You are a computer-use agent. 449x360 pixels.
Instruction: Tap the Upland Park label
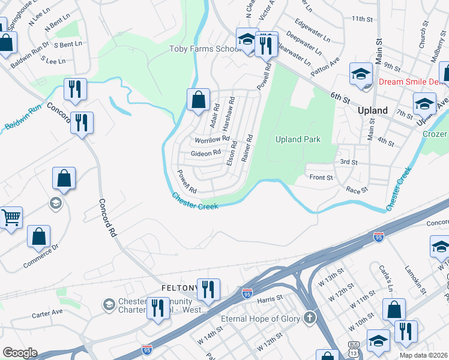pyautogui.click(x=298, y=139)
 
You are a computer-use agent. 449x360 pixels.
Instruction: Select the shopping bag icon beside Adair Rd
pyautogui.click(x=198, y=100)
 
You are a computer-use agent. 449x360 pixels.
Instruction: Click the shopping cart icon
pyautogui.click(x=10, y=217)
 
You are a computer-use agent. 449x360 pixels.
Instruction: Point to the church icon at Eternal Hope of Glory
pyautogui.click(x=309, y=318)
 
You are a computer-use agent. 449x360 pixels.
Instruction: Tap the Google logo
pyautogui.click(x=20, y=353)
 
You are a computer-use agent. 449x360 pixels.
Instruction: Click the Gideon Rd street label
pyautogui.click(x=206, y=154)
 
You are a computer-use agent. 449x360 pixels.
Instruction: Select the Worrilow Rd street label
pyautogui.click(x=212, y=140)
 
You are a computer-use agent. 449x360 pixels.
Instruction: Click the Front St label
pyautogui.click(x=321, y=178)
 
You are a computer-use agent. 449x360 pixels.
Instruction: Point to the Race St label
pyautogui.click(x=356, y=189)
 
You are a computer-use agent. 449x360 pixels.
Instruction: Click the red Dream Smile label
pyautogui.click(x=411, y=82)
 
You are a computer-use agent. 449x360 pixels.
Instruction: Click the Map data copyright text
pyautogui.click(x=424, y=355)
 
